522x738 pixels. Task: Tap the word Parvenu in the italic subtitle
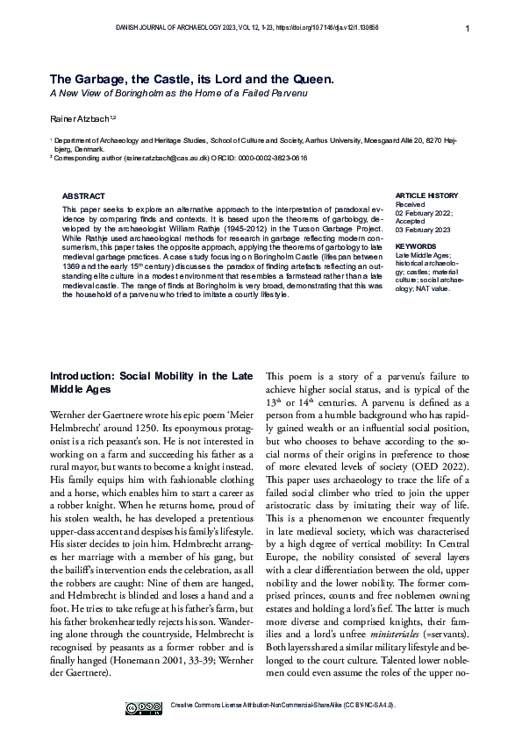[x=287, y=92]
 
